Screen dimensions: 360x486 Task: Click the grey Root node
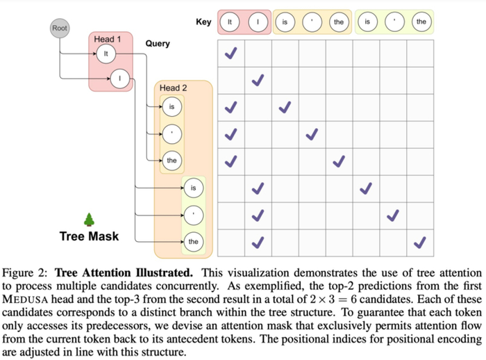tap(60, 28)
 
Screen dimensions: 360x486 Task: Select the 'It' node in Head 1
tap(106, 54)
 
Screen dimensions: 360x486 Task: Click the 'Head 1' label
tap(108, 39)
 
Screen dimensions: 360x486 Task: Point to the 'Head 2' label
tap(174, 88)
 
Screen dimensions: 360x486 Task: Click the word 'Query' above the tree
tap(158, 44)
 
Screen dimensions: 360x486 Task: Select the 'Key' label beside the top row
tap(203, 22)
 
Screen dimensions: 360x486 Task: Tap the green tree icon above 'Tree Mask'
tap(89, 220)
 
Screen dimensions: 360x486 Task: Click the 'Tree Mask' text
tap(89, 236)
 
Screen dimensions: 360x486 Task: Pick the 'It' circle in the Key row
tap(231, 22)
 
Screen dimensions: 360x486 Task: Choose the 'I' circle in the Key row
tap(258, 22)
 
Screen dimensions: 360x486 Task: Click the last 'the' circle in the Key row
tap(421, 22)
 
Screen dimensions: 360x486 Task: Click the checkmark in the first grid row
tap(231, 54)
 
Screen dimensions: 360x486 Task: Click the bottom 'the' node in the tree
tap(194, 242)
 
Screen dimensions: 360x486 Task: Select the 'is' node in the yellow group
tap(171, 107)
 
